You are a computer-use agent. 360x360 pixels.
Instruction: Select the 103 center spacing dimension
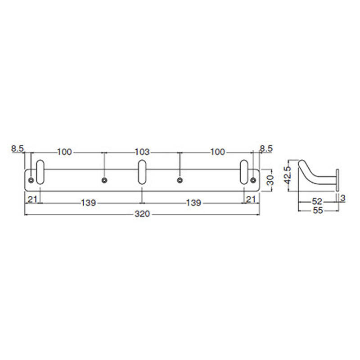[143, 152]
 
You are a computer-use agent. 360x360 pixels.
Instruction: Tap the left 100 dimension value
[65, 152]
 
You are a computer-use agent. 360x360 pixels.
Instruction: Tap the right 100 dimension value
[217, 152]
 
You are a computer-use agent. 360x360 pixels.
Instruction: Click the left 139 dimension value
[89, 203]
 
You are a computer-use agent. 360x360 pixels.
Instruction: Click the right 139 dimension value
[193, 203]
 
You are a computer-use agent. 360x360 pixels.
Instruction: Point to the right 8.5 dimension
[266, 148]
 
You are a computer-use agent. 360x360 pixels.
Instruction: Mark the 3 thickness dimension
[342, 197]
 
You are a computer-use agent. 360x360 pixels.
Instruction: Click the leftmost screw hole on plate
[31, 180]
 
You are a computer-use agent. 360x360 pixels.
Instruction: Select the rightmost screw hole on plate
[253, 180]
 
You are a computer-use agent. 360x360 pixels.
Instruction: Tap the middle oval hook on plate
[142, 172]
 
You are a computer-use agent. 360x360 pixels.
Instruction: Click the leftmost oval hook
[40, 172]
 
